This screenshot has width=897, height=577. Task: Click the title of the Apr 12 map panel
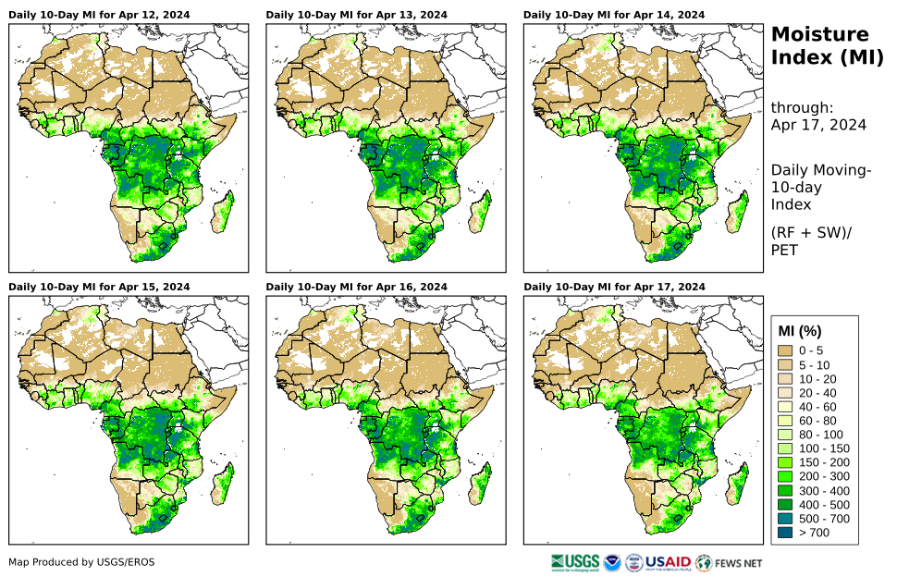point(99,15)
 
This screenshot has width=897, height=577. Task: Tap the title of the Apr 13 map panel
point(356,15)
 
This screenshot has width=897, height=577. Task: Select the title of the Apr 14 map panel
point(613,15)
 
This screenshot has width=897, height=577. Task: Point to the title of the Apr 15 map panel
point(99,287)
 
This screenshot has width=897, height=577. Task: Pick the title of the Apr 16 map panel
point(356,287)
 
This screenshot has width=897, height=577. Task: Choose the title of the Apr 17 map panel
point(613,287)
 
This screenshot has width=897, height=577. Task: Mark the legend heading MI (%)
point(800,331)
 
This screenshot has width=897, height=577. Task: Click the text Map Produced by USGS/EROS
point(81,562)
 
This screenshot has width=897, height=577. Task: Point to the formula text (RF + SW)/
point(810,232)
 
